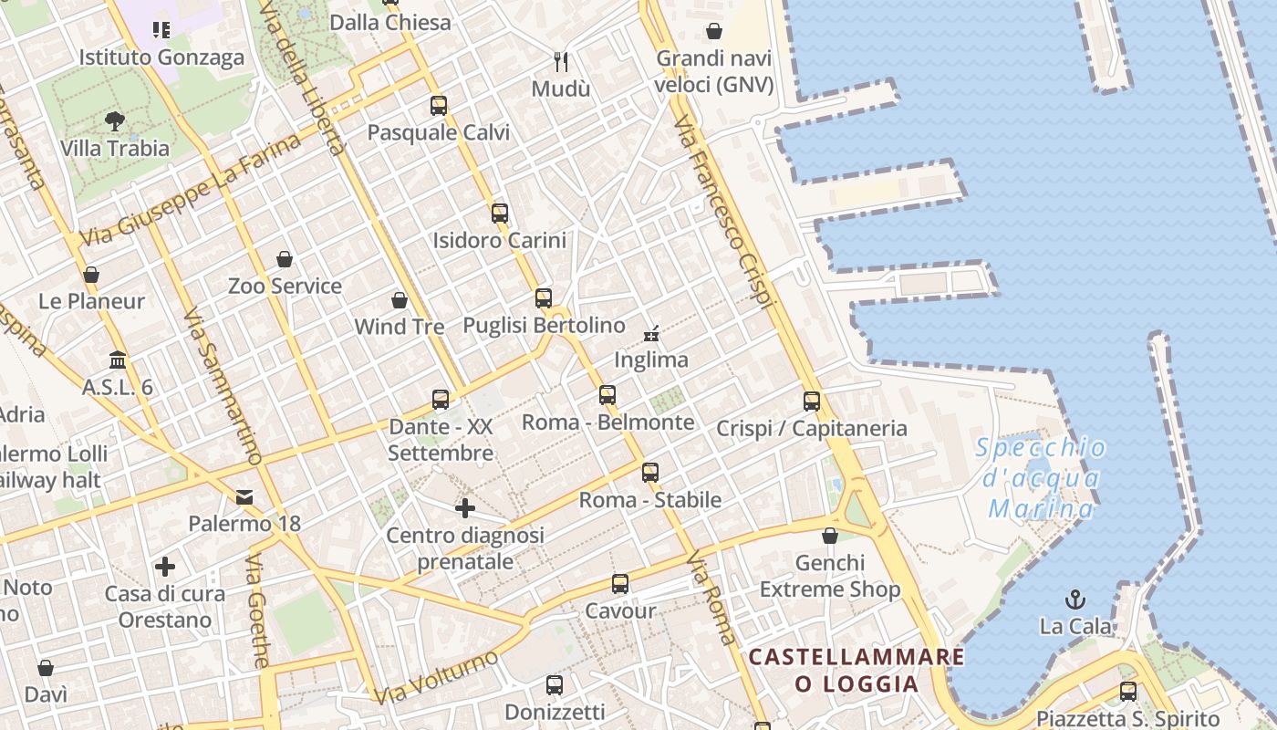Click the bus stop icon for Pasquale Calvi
[x=439, y=106]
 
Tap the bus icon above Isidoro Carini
[x=500, y=214]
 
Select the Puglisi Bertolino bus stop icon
[x=544, y=298]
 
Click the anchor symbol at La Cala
[x=1076, y=600]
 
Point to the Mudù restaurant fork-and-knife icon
[x=561, y=62]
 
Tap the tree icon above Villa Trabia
[x=115, y=120]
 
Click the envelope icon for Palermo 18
[x=244, y=497]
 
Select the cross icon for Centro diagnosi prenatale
[x=465, y=508]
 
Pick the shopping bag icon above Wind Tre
[x=399, y=300]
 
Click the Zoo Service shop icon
[x=285, y=259]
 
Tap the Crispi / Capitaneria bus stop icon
[x=812, y=401]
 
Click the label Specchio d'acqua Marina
[x=1042, y=478]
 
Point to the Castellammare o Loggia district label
[x=857, y=670]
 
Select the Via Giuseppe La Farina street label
[x=191, y=189]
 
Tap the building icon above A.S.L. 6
[x=118, y=360]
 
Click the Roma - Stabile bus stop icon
[x=650, y=473]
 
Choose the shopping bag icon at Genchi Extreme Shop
[x=830, y=536]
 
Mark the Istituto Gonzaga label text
[x=161, y=57]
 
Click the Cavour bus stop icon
[x=620, y=584]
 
